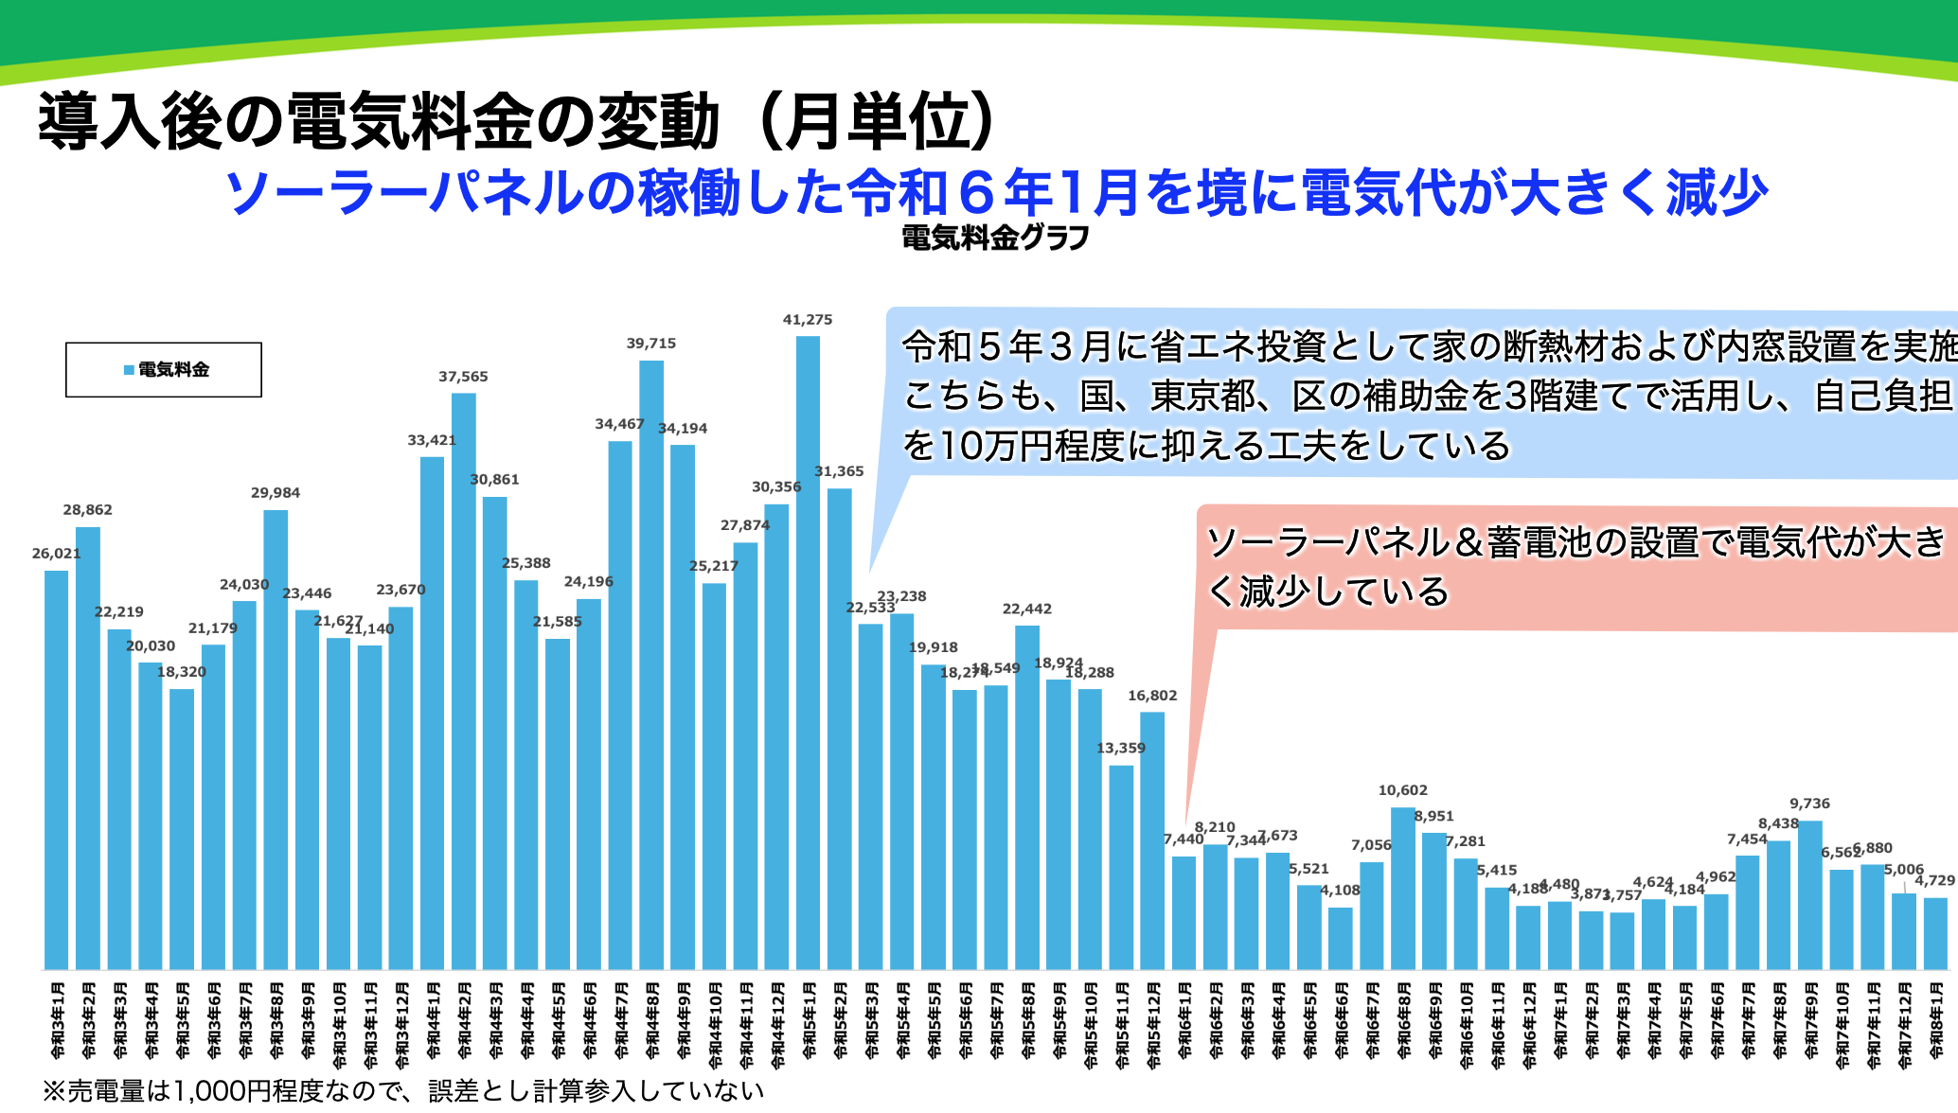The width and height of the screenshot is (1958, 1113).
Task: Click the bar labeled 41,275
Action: (x=808, y=653)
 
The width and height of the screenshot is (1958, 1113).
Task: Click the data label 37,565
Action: (x=463, y=377)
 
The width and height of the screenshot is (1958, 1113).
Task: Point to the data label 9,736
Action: (x=1809, y=804)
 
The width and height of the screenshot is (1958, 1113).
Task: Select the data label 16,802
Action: (x=1152, y=696)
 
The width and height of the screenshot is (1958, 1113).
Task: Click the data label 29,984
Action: (x=276, y=493)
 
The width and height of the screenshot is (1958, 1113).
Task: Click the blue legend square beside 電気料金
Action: (x=129, y=370)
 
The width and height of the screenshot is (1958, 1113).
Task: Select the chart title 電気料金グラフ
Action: (x=995, y=238)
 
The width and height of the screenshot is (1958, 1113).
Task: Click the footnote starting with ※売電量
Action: (x=403, y=1091)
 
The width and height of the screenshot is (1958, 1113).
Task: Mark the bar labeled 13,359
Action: (x=1121, y=867)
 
